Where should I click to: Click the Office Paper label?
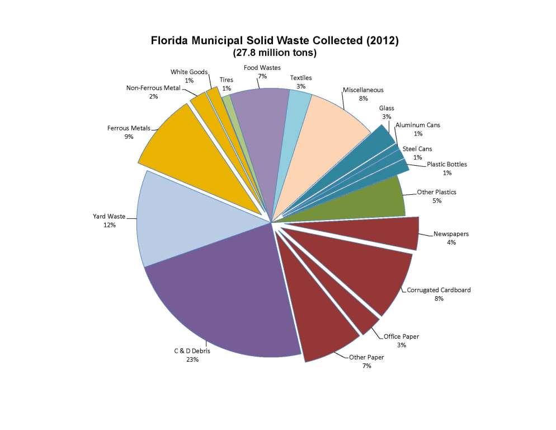401,336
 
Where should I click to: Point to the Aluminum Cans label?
417,125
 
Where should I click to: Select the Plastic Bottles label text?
446,165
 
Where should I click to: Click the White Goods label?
189,72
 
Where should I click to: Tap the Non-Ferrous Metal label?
153,88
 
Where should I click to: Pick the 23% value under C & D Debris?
192,360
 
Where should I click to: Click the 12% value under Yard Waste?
109,225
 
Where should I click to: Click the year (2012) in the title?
380,41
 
